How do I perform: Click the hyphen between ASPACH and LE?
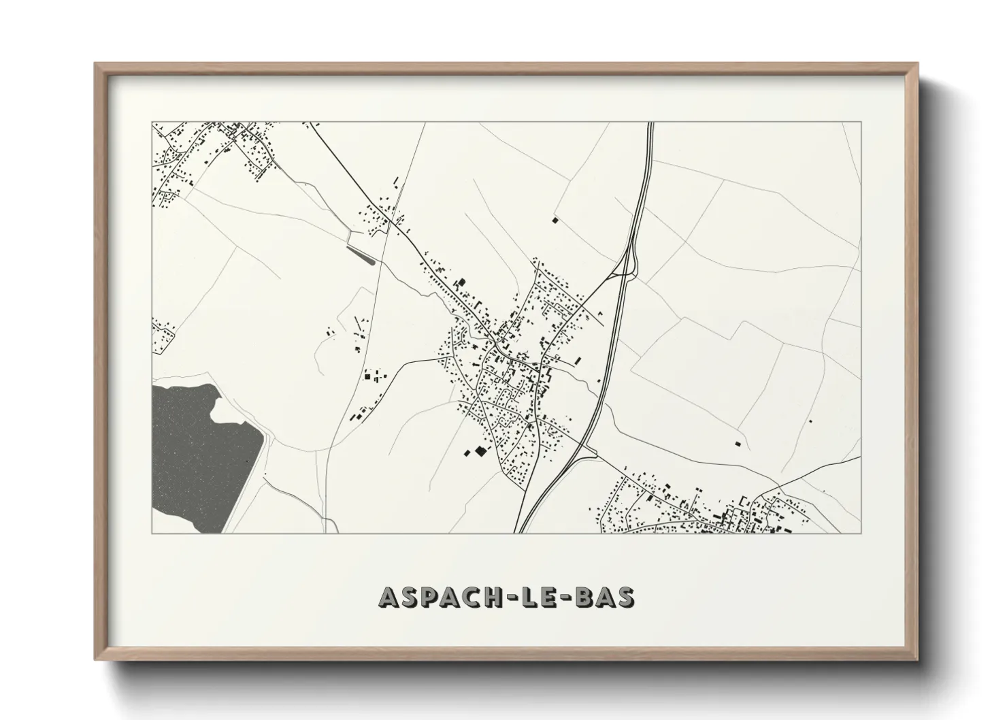tap(516, 598)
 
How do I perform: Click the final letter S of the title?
tap(626, 597)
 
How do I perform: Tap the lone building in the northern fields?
tap(555, 220)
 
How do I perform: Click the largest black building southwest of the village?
tap(481, 451)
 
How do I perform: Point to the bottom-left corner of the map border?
tap(152, 533)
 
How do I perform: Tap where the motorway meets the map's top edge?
tap(650, 123)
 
